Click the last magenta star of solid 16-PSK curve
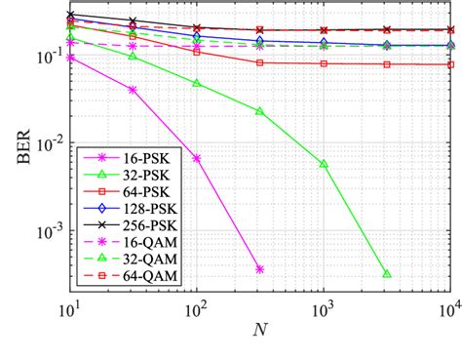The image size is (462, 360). [259, 269]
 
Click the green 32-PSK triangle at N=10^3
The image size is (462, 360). [324, 164]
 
